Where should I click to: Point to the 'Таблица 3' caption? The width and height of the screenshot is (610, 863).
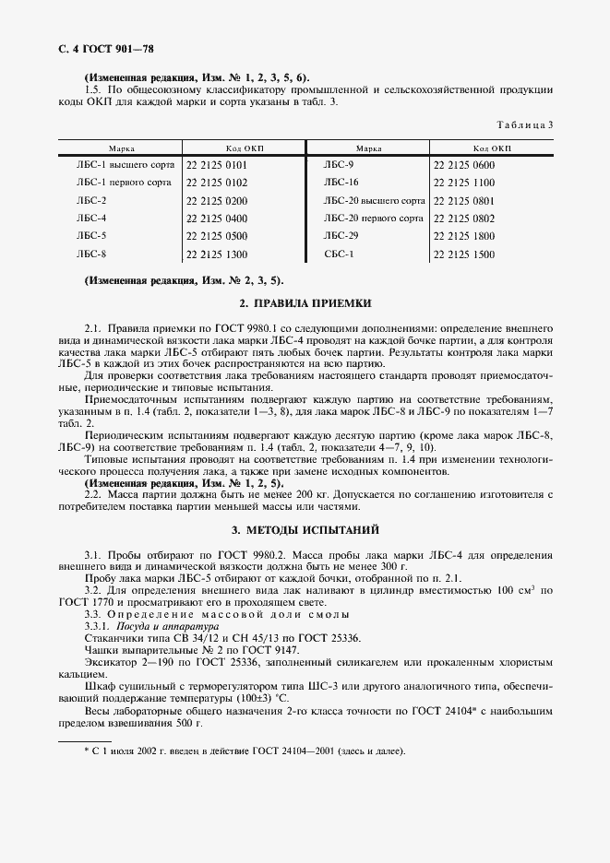pos(526,124)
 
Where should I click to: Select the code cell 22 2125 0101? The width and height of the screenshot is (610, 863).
pos(217,164)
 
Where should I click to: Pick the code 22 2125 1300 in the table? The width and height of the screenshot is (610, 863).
pos(217,254)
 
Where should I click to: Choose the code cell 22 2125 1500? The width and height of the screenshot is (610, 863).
pos(463,254)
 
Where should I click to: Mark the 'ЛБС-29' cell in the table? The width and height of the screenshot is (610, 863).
pos(341,236)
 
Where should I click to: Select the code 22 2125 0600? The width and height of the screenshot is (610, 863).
pos(463,164)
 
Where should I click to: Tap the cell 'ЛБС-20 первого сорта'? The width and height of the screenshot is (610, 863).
pos(373,219)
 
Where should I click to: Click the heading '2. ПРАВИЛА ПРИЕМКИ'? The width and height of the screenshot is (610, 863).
pos(305,302)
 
